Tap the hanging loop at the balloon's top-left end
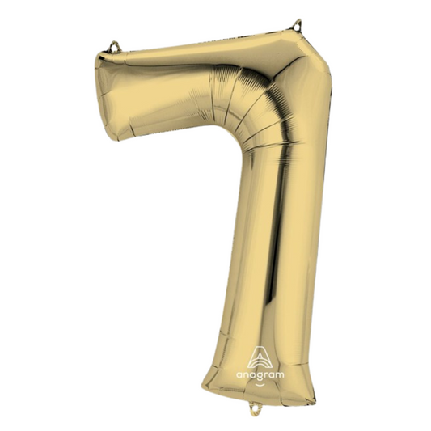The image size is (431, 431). [x=114, y=47]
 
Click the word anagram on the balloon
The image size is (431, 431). [x=260, y=374]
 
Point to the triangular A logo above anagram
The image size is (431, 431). [x=260, y=357]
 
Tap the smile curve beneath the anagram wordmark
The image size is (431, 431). [x=260, y=384]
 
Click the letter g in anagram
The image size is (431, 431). [x=262, y=376]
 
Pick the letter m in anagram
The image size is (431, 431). [x=280, y=374]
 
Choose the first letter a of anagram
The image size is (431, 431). [x=239, y=374]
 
